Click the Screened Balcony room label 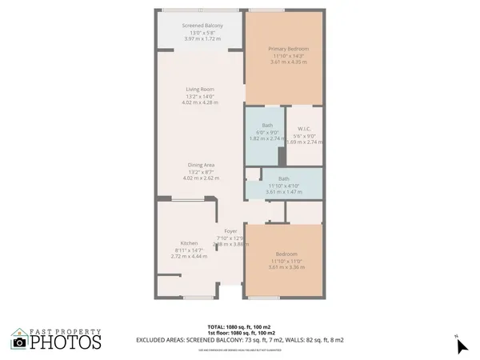pyautogui.click(x=203, y=26)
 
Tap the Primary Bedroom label pyautogui.click(x=288, y=49)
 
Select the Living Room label pyautogui.click(x=200, y=90)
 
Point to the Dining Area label pyautogui.click(x=201, y=166)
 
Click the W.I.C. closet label pyautogui.click(x=304, y=129)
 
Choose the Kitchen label pyautogui.click(x=189, y=243)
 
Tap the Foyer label pyautogui.click(x=230, y=230)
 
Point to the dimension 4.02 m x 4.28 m pyautogui.click(x=201, y=102)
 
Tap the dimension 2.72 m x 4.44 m pyautogui.click(x=190, y=256)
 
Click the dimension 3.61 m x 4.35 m pyautogui.click(x=288, y=62)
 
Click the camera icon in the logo pyautogui.click(x=19, y=342)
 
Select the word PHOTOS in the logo pyautogui.click(x=66, y=342)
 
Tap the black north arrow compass pyautogui.click(x=462, y=346)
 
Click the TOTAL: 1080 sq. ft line pyautogui.click(x=239, y=327)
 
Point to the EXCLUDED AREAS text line pyautogui.click(x=239, y=339)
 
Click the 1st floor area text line pyautogui.click(x=239, y=333)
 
